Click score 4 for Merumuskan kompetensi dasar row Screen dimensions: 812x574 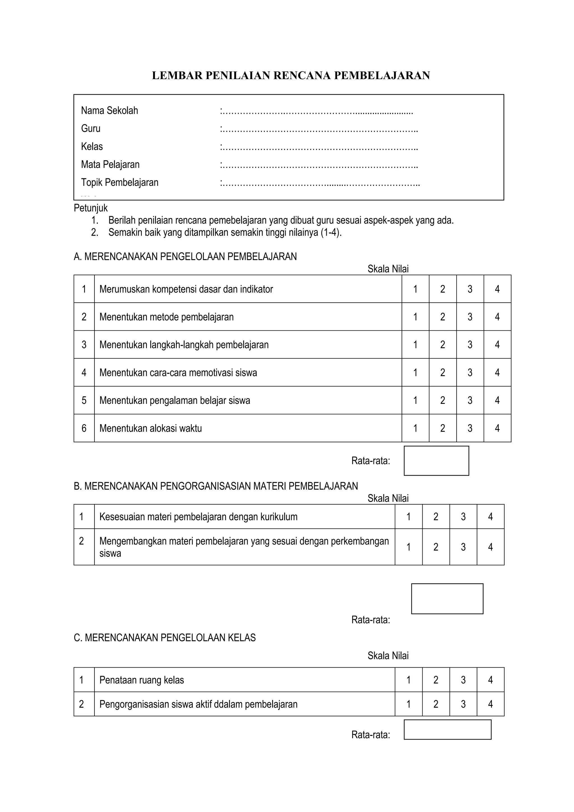pos(497,289)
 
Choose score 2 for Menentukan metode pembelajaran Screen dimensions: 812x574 pos(443,317)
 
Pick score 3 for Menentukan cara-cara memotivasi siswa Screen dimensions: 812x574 pos(470,372)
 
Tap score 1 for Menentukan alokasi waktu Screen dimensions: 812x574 pos(415,428)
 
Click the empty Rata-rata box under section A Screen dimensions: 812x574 pos(436,461)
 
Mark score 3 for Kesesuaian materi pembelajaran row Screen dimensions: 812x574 pos(463,517)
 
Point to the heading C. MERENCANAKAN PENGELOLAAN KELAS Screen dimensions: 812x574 pos(165,637)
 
